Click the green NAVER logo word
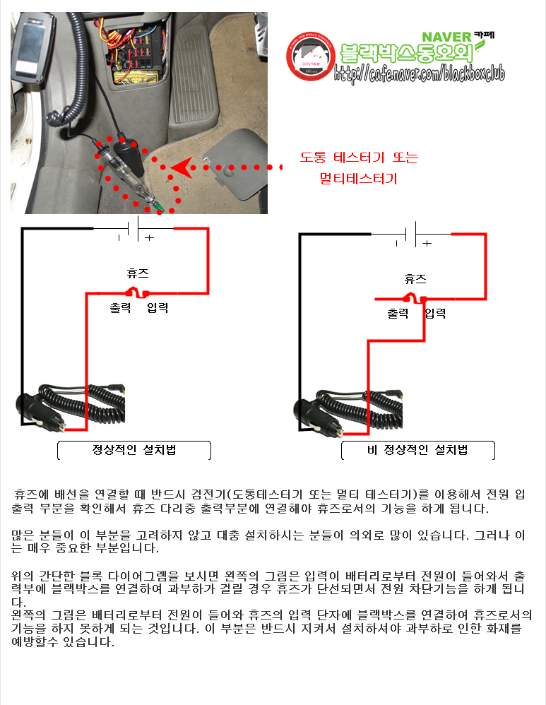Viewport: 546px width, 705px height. [446, 37]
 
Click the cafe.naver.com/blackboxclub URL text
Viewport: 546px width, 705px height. [419, 73]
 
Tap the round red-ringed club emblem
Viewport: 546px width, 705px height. [311, 57]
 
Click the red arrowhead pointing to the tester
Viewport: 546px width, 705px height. [182, 167]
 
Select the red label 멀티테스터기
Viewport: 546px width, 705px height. [358, 179]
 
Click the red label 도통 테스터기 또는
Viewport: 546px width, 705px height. [359, 158]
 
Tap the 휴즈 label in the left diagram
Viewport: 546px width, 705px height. [138, 273]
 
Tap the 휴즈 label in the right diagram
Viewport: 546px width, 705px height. [415, 279]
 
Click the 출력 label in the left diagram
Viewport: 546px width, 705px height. [120, 307]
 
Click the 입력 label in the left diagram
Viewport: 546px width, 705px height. [158, 307]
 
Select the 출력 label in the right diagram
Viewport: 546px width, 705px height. [398, 314]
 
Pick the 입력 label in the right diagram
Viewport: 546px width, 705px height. [435, 314]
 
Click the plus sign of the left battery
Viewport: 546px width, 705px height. [149, 237]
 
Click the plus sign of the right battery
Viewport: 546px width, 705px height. [427, 243]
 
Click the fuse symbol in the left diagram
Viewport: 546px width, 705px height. [137, 292]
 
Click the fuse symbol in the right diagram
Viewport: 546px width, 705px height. [415, 297]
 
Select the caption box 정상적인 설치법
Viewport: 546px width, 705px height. [134, 450]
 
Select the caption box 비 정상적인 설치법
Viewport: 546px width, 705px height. [418, 450]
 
